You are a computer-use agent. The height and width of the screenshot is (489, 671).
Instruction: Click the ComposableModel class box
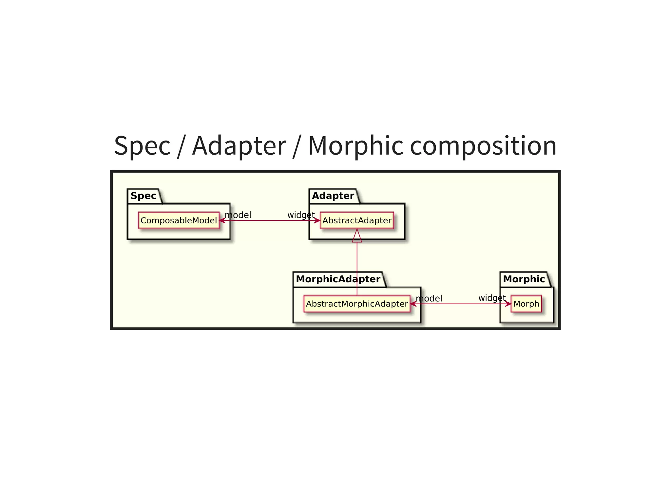pyautogui.click(x=179, y=220)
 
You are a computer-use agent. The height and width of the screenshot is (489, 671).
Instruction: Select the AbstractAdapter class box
pyautogui.click(x=357, y=220)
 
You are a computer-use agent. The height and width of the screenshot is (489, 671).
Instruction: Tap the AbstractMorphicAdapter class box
pyautogui.click(x=357, y=304)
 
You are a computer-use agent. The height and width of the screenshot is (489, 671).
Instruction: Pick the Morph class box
pyautogui.click(x=526, y=304)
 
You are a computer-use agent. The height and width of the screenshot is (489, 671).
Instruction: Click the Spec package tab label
pyautogui.click(x=144, y=196)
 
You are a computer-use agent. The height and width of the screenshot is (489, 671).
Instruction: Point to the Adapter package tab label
pyautogui.click(x=333, y=196)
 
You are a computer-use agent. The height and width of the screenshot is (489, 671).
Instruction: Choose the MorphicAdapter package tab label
pyautogui.click(x=338, y=279)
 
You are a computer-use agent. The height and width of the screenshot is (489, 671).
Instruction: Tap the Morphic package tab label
pyautogui.click(x=524, y=279)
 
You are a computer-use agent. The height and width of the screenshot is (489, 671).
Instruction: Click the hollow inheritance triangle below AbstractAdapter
pyautogui.click(x=357, y=236)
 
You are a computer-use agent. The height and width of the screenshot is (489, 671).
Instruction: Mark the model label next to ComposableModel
pyautogui.click(x=238, y=215)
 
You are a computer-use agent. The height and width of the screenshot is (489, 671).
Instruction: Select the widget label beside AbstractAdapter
pyautogui.click(x=301, y=215)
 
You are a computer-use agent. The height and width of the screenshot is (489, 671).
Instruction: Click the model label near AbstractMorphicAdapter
pyautogui.click(x=429, y=298)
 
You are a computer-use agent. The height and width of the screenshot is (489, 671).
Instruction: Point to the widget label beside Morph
pyautogui.click(x=492, y=298)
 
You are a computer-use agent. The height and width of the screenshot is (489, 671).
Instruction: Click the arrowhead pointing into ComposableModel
pyautogui.click(x=222, y=220)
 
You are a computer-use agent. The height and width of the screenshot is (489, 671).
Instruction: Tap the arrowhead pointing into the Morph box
pyautogui.click(x=508, y=304)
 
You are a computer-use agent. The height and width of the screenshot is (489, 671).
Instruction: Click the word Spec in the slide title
pyautogui.click(x=142, y=146)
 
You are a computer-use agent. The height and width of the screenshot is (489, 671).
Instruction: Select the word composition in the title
pyautogui.click(x=483, y=146)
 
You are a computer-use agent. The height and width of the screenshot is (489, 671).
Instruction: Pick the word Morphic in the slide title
pyautogui.click(x=356, y=146)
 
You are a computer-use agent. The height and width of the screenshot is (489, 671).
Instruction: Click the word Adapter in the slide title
pyautogui.click(x=239, y=146)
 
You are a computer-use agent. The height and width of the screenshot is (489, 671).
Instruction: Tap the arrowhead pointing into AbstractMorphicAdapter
pyautogui.click(x=413, y=304)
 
